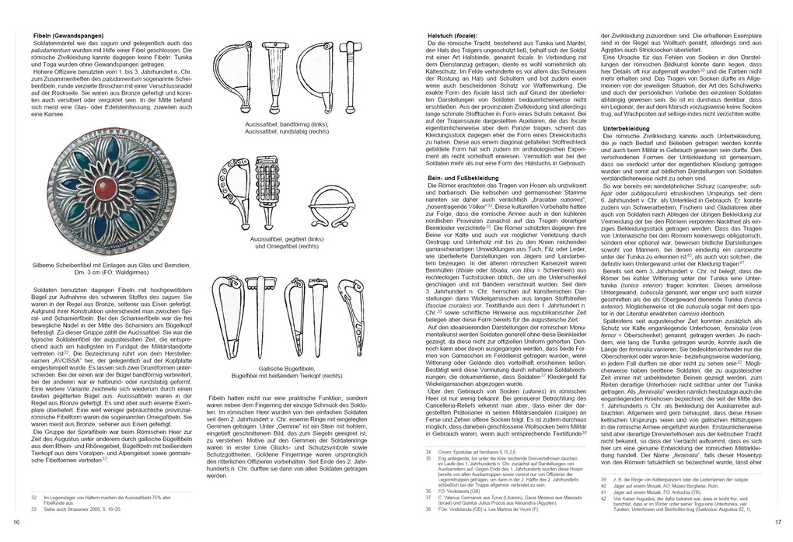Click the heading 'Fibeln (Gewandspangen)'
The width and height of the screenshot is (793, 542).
click(x=65, y=36)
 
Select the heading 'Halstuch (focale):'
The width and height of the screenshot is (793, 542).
click(x=457, y=36)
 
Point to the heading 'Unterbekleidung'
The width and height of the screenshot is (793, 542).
click(x=628, y=127)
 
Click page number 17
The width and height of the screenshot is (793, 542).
click(x=777, y=522)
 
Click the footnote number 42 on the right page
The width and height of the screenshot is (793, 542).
click(x=604, y=499)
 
